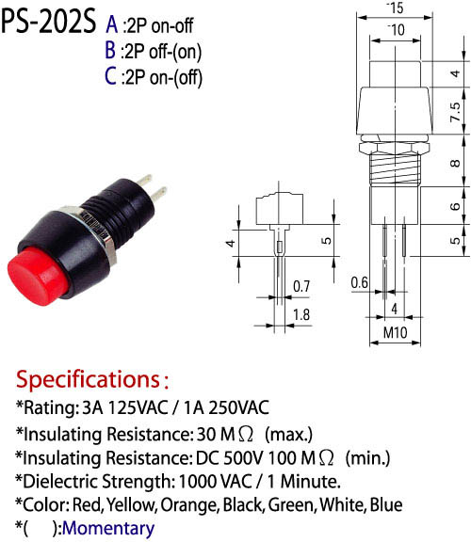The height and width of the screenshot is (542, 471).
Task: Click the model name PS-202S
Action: [48, 22]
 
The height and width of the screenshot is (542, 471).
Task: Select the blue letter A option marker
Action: [111, 24]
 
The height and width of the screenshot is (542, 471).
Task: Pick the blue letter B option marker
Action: [110, 51]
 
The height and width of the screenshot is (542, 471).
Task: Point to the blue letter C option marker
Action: [110, 76]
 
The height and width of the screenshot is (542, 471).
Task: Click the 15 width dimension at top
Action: [397, 8]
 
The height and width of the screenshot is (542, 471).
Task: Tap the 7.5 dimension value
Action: [455, 112]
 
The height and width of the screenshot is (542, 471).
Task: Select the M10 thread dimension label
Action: [396, 332]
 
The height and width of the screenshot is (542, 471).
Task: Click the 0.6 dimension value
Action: [359, 282]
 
